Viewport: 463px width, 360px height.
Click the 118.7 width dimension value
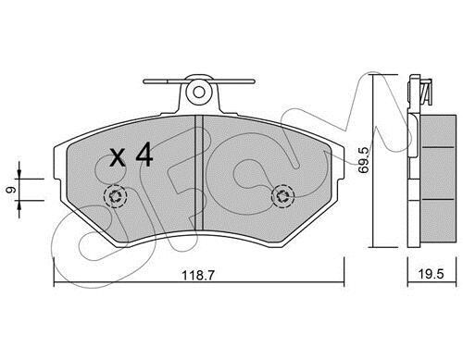pyautogui.click(x=198, y=275)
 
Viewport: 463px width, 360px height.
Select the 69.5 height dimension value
pyautogui.click(x=364, y=160)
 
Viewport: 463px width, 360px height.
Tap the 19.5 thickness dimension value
pyautogui.click(x=432, y=274)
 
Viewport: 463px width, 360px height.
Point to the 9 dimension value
pyautogui.click(x=11, y=190)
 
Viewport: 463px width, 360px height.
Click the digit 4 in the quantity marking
pyautogui.click(x=144, y=155)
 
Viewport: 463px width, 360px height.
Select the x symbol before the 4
pyautogui.click(x=118, y=158)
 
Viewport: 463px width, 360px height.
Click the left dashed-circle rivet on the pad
pyautogui.click(x=116, y=196)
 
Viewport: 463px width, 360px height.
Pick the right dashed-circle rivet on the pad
pyautogui.click(x=282, y=196)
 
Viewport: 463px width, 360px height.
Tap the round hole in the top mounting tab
pyautogui.click(x=199, y=92)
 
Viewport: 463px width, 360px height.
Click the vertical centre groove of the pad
pyautogui.click(x=199, y=173)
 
